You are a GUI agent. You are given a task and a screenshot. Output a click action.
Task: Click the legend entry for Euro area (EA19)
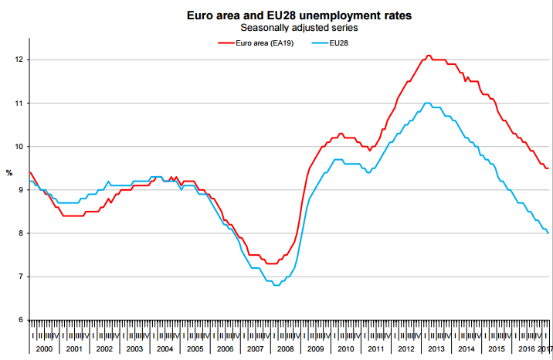tap(254, 42)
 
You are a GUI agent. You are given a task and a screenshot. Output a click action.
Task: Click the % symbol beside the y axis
tap(9, 172)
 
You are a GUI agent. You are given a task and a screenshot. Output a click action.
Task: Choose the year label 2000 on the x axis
tap(44, 349)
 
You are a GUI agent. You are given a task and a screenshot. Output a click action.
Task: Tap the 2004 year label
tap(165, 349)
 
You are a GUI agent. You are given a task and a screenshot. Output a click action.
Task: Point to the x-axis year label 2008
tap(286, 349)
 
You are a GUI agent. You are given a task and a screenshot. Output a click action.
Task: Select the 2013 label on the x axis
tap(436, 349)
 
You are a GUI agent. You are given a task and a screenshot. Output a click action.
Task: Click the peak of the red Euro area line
tap(429, 56)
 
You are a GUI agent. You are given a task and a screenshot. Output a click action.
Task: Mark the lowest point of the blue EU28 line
tap(276, 285)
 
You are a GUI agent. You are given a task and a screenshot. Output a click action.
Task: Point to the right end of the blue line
tap(548, 233)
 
